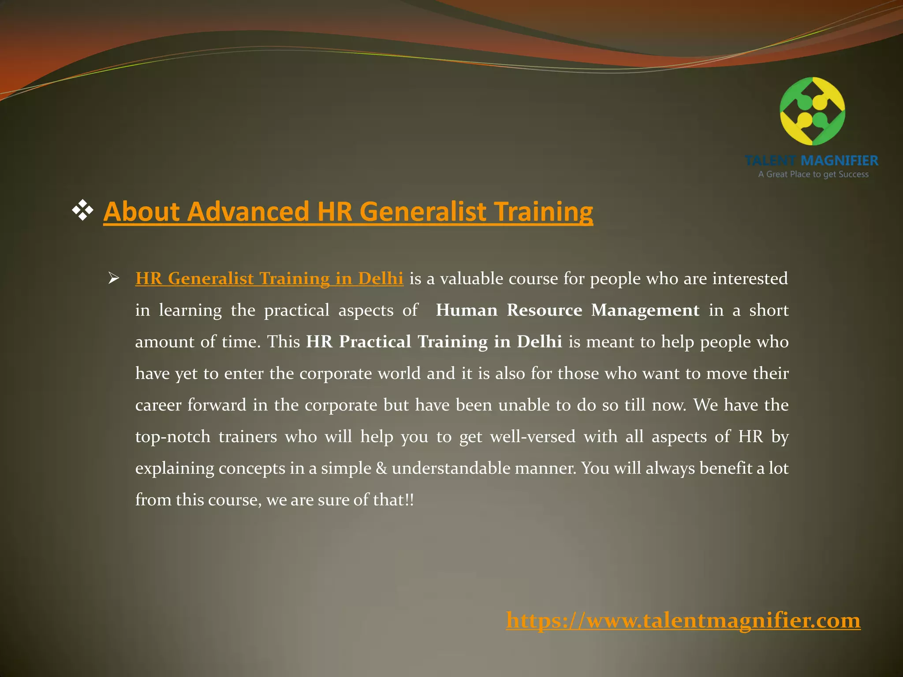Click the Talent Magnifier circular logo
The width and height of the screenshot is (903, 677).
click(812, 111)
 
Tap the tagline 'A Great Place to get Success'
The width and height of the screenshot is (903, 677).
click(813, 174)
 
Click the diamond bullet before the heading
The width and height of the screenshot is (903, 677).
click(82, 210)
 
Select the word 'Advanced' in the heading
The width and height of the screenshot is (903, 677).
click(248, 212)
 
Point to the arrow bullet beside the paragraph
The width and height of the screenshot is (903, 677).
click(114, 279)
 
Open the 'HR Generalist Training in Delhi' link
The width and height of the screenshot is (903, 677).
click(269, 279)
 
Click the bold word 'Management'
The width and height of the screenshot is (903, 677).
click(645, 310)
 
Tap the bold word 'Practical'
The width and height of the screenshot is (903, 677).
click(375, 342)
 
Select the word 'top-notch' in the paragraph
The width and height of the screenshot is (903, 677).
click(173, 437)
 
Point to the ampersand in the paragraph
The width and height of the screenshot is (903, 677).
click(381, 468)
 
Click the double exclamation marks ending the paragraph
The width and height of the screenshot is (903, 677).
click(410, 500)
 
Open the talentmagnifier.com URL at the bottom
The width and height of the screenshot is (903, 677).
click(683, 621)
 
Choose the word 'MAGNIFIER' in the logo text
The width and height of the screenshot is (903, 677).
click(840, 160)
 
